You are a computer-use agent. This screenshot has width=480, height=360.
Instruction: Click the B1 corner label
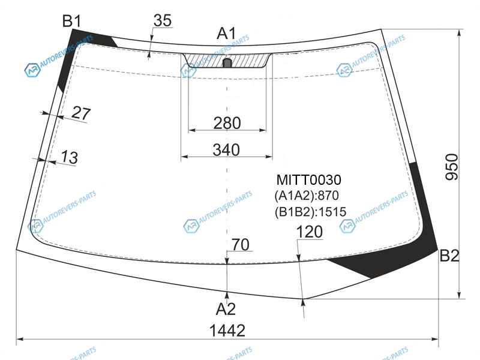(x=71, y=21)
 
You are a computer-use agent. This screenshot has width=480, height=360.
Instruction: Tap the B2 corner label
(x=449, y=256)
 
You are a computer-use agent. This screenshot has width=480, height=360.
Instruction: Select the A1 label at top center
(x=227, y=33)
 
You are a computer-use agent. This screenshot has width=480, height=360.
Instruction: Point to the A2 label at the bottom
(x=226, y=309)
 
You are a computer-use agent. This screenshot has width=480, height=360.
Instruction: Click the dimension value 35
(x=163, y=20)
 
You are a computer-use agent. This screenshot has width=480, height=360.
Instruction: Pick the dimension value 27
(x=81, y=113)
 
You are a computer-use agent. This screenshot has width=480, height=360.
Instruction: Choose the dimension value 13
(x=70, y=157)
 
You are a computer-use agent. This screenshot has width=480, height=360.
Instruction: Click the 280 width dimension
(x=227, y=123)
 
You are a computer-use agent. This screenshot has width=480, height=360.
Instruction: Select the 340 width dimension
(x=226, y=150)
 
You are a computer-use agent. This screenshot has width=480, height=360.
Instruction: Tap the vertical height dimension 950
(x=452, y=167)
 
